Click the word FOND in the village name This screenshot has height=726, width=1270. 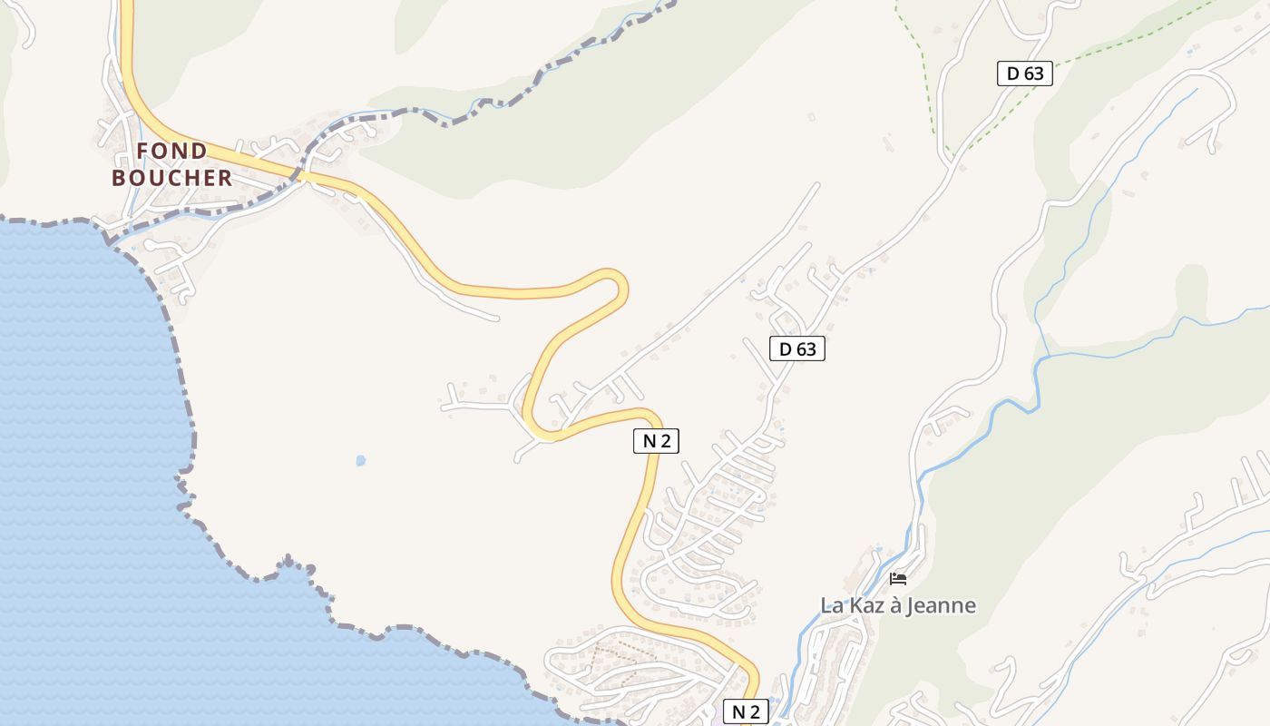click(x=171, y=151)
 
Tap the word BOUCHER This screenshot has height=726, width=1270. click(x=171, y=178)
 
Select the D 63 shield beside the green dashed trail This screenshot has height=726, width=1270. click(x=1025, y=74)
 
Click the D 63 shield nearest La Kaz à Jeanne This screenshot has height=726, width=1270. click(x=797, y=348)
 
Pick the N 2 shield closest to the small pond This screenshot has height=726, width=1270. click(x=656, y=441)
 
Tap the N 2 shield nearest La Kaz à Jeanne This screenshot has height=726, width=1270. click(x=745, y=711)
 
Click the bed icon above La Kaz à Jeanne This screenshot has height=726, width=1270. click(x=898, y=579)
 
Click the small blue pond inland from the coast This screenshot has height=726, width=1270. click(x=361, y=460)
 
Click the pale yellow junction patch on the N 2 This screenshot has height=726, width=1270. click(x=542, y=436)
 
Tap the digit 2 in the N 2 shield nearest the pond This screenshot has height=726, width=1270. click(x=666, y=441)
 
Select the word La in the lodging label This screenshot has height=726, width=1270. click(x=831, y=605)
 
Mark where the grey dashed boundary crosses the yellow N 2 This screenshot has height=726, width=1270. click(x=298, y=174)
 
